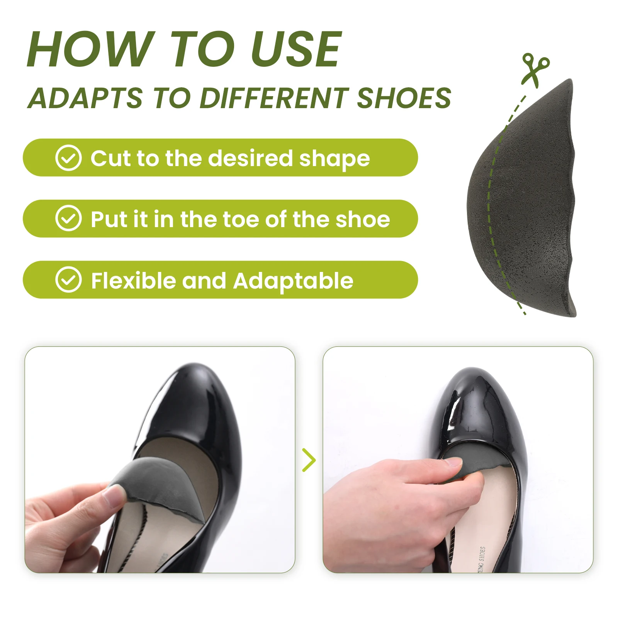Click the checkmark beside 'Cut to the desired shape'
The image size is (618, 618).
pyautogui.click(x=68, y=158)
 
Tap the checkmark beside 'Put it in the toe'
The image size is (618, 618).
pyautogui.click(x=68, y=218)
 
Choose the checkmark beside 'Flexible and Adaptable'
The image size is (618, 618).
pyautogui.click(x=68, y=280)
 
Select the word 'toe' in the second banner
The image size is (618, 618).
pyautogui.click(x=243, y=219)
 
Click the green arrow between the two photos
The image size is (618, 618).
pyautogui.click(x=309, y=460)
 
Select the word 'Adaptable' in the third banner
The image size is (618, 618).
pyautogui.click(x=293, y=280)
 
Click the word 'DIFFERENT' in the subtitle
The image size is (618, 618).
pyautogui.click(x=274, y=98)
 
